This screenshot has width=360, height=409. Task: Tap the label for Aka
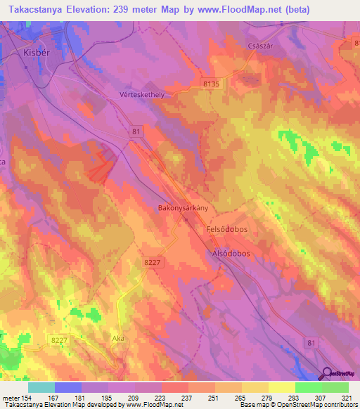click(x=118, y=338)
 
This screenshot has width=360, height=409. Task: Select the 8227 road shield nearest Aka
click(x=58, y=340)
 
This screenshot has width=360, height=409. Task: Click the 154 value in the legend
click(x=26, y=397)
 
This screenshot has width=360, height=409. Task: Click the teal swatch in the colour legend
click(x=41, y=387)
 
